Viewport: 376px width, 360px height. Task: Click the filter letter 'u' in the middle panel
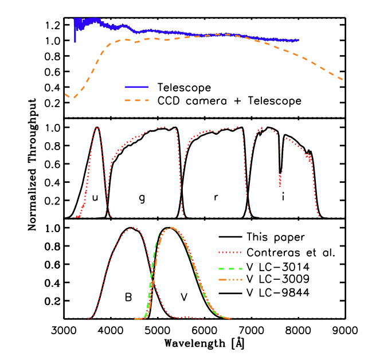click(95, 198)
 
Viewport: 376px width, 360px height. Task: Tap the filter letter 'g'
click(142, 198)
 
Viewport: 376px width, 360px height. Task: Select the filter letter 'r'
click(216, 198)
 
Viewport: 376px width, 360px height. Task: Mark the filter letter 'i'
click(283, 197)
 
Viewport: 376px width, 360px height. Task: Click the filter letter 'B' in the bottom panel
click(128, 298)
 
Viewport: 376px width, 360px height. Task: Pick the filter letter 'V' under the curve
click(184, 298)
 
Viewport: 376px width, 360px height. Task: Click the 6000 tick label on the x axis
click(205, 331)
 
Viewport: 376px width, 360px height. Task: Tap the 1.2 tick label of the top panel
click(53, 25)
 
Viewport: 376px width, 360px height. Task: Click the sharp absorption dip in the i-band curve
click(280, 172)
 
